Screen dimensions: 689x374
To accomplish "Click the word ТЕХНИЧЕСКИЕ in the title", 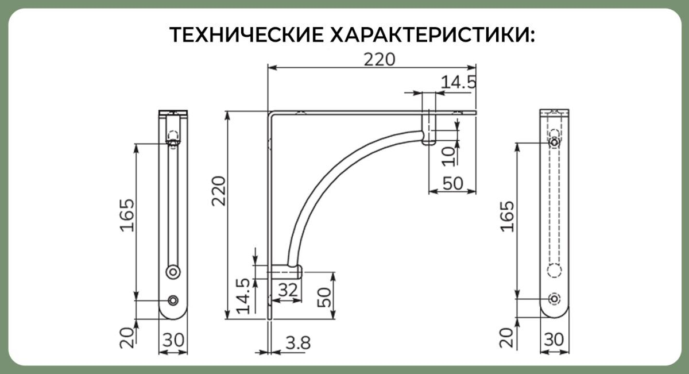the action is coord(246,35).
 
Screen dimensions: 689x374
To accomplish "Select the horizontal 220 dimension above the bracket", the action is coord(380,60).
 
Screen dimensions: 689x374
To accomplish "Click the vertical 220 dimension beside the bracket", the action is coord(219,191).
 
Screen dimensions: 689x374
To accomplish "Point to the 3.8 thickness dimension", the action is coord(298,343).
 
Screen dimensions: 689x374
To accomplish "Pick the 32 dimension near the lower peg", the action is coord(288,290).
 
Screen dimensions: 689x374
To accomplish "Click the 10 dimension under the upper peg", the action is coord(448,156).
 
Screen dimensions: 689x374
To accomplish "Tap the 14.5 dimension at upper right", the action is coord(458,82).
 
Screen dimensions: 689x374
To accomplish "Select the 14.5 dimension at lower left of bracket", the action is coord(243,296).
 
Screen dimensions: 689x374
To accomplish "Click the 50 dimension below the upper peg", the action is coord(453,183).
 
